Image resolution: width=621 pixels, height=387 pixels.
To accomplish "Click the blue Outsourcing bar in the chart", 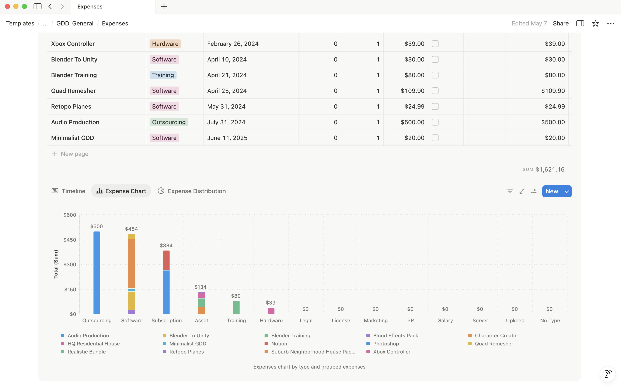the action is point(97,272).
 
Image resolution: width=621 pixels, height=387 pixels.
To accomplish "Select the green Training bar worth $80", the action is point(236,307).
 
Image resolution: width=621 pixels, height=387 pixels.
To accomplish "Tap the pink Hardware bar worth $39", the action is point(271,311).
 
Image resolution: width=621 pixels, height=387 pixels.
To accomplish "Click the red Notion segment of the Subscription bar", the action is point(166,260).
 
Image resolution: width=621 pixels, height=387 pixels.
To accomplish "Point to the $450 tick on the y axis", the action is point(70,240).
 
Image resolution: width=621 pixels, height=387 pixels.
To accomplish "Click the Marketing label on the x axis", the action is point(376,320).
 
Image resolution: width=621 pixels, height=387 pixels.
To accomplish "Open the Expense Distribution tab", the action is point(192,191).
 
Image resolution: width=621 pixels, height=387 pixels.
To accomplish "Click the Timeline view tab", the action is point(68,191).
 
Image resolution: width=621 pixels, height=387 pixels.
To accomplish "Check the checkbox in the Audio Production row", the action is point(435,122).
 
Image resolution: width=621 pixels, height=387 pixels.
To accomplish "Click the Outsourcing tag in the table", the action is point(169,122).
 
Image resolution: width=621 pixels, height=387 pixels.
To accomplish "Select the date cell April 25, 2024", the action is point(227,91).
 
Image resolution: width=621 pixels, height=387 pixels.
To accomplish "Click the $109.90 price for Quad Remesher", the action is point(412,91).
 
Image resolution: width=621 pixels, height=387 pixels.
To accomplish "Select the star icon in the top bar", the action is point(595,23).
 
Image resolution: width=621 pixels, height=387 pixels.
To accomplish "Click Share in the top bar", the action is point(561,23).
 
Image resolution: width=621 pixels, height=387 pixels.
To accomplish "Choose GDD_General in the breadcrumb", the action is point(75,23).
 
